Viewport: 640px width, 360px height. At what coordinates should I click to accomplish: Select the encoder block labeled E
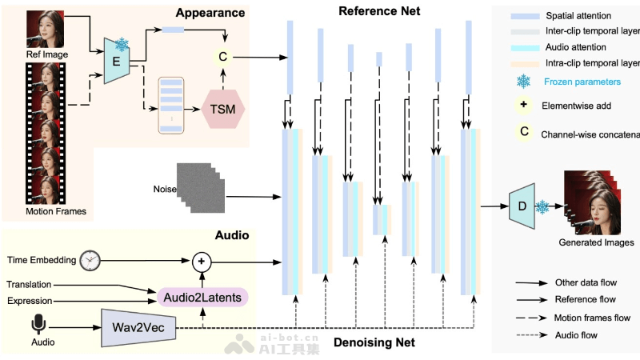click(118, 59)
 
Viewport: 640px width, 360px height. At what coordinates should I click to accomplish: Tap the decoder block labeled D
click(522, 206)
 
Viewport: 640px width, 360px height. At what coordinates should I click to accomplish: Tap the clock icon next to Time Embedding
click(90, 260)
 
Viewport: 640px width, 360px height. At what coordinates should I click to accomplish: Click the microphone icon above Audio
click(37, 324)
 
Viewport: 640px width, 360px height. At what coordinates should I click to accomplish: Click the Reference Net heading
click(378, 10)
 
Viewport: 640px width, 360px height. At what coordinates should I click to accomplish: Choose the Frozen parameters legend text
click(581, 82)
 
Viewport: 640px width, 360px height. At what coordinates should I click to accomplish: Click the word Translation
click(29, 285)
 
